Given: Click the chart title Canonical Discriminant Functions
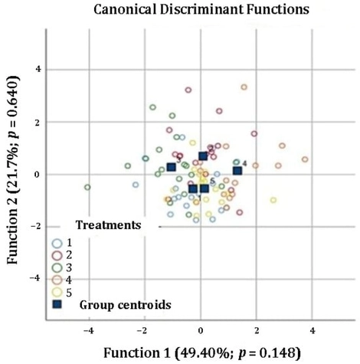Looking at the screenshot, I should tap(189, 11).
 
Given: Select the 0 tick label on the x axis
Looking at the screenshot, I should tap(200, 332).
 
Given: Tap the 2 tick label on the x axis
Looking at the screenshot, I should tap(256, 332).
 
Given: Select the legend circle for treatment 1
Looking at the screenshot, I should tap(57, 243).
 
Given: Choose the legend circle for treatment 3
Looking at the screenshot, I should tap(57, 267).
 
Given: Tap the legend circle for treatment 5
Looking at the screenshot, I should tap(57, 292).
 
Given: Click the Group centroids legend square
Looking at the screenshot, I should tap(57, 304).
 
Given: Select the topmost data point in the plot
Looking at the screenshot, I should tap(244, 87).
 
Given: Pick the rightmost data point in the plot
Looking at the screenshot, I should tap(305, 159).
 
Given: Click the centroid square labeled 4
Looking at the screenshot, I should tap(237, 170).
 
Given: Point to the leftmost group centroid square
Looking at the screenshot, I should tap(171, 167).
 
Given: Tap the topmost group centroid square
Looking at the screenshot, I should tap(203, 156).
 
